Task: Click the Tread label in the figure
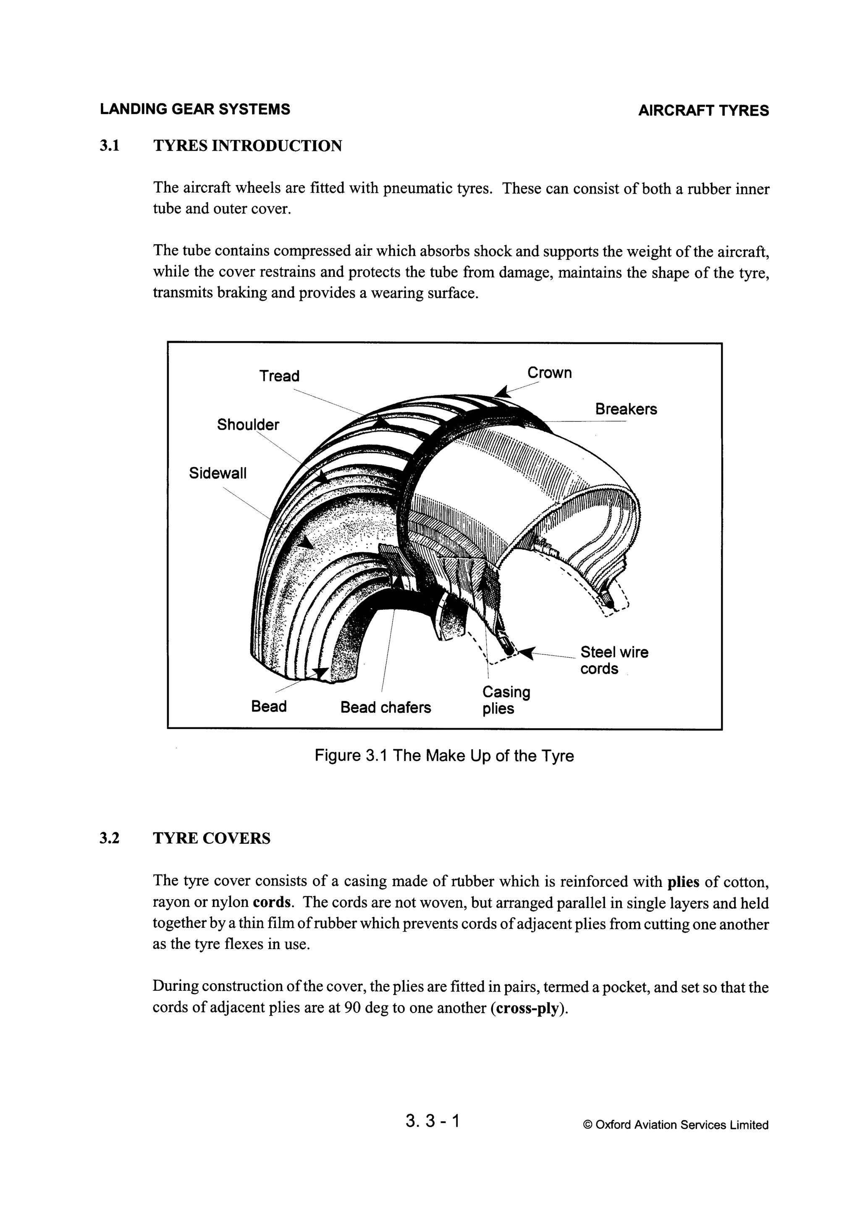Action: (x=279, y=376)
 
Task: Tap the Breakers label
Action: (x=625, y=409)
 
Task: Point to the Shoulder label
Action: (x=248, y=425)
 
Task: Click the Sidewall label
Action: (x=218, y=473)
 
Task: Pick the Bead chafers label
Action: (x=385, y=707)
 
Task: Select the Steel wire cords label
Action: (x=614, y=660)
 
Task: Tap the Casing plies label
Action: (x=505, y=700)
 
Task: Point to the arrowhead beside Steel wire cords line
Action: (x=526, y=653)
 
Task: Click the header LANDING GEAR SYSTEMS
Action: (x=194, y=109)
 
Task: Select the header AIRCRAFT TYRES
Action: (x=703, y=111)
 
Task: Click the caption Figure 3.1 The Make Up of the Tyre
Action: (x=443, y=756)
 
